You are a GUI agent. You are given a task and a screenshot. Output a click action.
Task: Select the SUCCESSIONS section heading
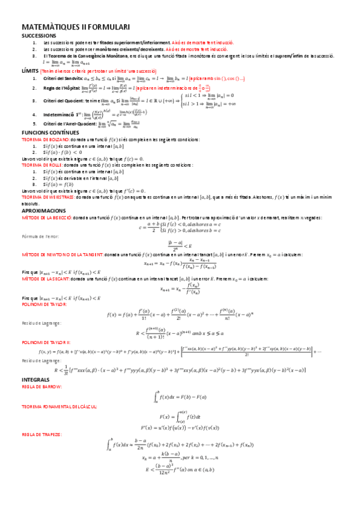click(38, 36)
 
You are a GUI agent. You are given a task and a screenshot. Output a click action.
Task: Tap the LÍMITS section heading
click(29, 70)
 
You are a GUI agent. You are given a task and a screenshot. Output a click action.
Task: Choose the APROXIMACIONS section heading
click(44, 211)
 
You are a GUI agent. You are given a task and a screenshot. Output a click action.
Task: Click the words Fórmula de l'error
click(38, 236)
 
